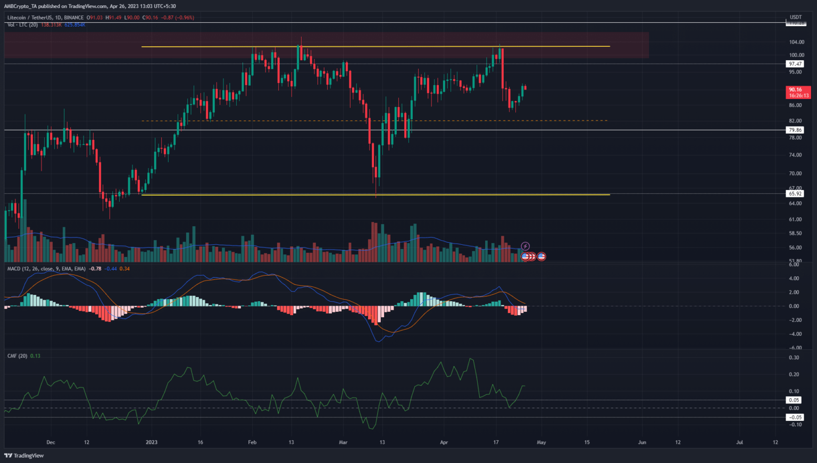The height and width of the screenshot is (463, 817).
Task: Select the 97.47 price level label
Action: point(795,64)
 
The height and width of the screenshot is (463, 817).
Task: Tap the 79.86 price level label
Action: point(795,130)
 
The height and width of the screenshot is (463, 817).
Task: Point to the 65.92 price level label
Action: point(795,194)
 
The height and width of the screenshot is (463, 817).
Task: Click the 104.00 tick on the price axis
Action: point(796,42)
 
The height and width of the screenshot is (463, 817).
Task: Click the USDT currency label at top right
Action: point(796,17)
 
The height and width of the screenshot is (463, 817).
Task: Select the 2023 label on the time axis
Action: point(152,442)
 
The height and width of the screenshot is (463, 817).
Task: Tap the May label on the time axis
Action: point(541,442)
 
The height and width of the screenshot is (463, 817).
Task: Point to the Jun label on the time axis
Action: point(642,442)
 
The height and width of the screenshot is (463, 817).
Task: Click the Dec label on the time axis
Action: point(51,442)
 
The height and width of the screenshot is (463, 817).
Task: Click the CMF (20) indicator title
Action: point(17,356)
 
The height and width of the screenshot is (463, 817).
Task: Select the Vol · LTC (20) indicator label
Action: point(22,25)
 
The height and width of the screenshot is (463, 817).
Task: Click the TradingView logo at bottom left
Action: point(24,456)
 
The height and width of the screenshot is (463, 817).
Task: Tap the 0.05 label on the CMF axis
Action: point(794,400)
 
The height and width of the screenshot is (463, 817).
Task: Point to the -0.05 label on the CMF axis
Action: point(795,417)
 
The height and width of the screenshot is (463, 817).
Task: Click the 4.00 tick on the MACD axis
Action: point(794,278)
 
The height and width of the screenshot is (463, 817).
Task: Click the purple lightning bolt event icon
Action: point(525,246)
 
